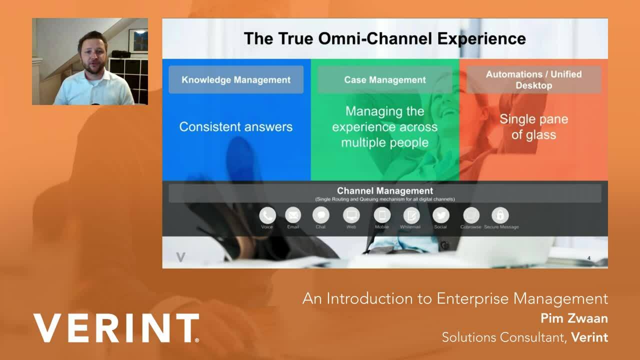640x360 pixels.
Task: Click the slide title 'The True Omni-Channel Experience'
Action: coord(384,38)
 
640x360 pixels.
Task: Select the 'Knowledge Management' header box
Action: coord(236,79)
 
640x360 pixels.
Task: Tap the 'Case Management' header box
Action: coord(384,79)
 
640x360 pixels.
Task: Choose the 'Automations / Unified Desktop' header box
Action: coord(533,79)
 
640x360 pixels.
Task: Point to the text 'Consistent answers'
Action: coord(236,127)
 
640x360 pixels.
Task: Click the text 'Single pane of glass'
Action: coord(533,127)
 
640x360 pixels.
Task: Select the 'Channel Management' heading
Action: coord(384,191)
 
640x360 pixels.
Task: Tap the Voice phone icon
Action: coord(267,215)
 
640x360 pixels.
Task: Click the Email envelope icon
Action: coord(293,215)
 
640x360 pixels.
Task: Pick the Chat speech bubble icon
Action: coord(320,215)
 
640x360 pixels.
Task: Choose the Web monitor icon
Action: coord(351,215)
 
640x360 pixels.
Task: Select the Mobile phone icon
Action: coord(382,215)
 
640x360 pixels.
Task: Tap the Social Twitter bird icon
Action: coord(440,215)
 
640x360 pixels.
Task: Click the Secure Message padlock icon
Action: coord(500,215)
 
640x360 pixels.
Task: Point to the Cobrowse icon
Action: coord(470,215)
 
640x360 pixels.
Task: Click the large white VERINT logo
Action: coord(116,328)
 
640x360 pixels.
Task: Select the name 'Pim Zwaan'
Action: coord(574,318)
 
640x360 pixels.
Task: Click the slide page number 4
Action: coord(588,258)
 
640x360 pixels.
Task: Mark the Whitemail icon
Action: coord(411,215)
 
